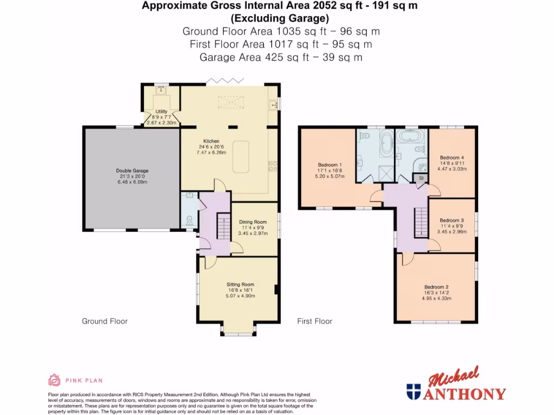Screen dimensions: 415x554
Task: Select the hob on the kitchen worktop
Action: click(x=273, y=164)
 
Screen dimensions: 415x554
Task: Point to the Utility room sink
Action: click(x=161, y=92)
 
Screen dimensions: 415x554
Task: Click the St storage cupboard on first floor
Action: click(x=421, y=177)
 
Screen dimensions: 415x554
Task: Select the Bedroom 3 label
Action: click(x=452, y=220)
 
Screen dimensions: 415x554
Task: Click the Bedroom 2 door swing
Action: click(x=406, y=259)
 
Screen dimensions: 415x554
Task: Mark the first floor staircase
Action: click(x=420, y=222)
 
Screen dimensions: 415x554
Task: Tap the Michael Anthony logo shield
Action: click(x=414, y=392)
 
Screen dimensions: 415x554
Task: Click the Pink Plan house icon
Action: click(x=54, y=380)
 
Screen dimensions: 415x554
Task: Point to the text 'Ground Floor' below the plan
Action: click(x=104, y=321)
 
